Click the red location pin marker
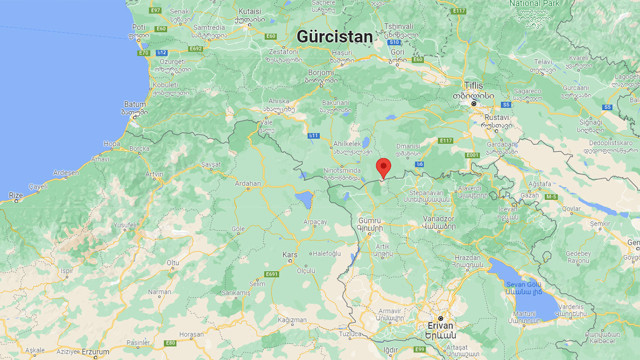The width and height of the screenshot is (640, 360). pyautogui.click(x=383, y=168)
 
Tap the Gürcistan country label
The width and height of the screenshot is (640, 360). pyautogui.click(x=334, y=36)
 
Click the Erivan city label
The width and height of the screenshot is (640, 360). pyautogui.click(x=440, y=325)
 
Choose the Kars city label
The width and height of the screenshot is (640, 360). pyautogui.click(x=291, y=255)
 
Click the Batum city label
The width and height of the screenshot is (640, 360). pyautogui.click(x=134, y=104)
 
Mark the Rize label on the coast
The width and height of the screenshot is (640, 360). pyautogui.click(x=14, y=196)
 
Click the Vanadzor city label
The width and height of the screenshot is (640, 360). pyautogui.click(x=440, y=218)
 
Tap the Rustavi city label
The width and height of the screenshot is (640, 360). pyautogui.click(x=497, y=117)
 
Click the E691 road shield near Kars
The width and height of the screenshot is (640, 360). pyautogui.click(x=272, y=273)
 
